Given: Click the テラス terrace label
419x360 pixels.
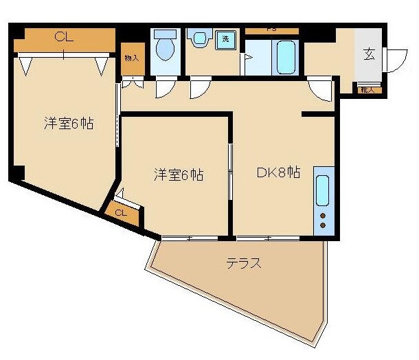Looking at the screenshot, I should pos(244,263).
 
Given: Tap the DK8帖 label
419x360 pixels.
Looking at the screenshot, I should pos(278,174).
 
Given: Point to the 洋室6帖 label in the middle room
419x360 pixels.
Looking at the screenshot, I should pos(178,175).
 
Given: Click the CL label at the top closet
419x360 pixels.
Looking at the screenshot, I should pos(64,38).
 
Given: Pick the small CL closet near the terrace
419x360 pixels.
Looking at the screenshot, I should pos(121,213).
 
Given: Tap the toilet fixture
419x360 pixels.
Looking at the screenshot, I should pos(164,47).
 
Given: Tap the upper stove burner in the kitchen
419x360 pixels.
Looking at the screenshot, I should pos(322,216).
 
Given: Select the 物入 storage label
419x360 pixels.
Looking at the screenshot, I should pos(131,58).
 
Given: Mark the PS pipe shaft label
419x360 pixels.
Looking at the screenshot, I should pos(272,30).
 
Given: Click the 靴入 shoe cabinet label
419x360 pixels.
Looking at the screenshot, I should pos(366,89).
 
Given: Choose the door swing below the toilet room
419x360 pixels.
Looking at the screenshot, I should pos(166,88).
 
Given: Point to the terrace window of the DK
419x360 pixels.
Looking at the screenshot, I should pos(269,238).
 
